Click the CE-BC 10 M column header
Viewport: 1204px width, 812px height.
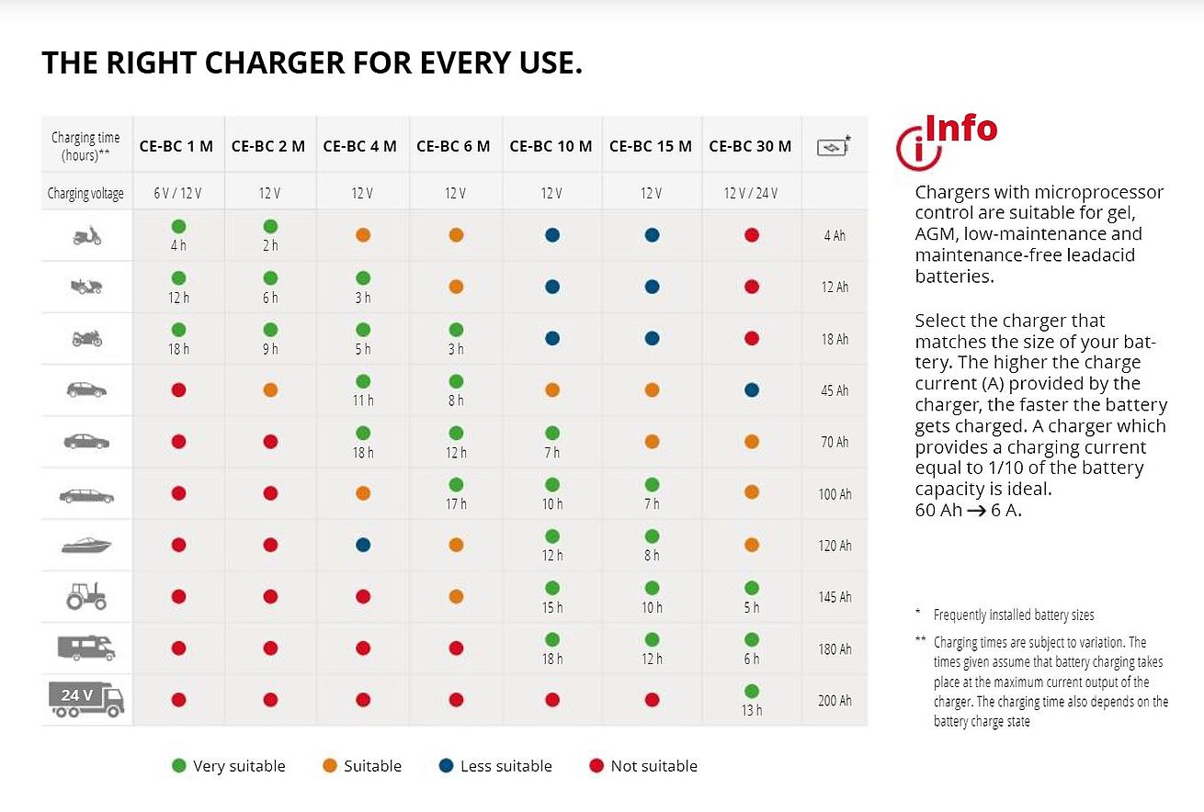551,146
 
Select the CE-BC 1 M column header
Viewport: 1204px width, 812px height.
176,146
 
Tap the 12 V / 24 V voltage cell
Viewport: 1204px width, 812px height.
750,193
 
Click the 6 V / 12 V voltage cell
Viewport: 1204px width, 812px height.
177,193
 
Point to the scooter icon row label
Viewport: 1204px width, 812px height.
87,236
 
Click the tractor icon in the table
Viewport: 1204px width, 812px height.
87,597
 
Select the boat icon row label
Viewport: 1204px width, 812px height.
87,546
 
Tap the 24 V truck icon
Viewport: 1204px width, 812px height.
87,700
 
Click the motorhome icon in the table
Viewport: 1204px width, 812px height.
87,648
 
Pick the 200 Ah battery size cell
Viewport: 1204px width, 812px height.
835,701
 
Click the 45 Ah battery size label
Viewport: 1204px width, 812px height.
835,390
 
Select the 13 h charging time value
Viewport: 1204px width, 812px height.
752,710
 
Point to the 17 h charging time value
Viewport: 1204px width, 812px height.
456,503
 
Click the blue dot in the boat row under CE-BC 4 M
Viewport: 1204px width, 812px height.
362,545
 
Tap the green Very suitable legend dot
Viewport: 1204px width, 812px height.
179,766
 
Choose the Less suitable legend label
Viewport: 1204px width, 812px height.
506,766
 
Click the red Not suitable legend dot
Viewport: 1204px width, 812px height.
597,766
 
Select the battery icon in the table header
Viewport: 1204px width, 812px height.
833,146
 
